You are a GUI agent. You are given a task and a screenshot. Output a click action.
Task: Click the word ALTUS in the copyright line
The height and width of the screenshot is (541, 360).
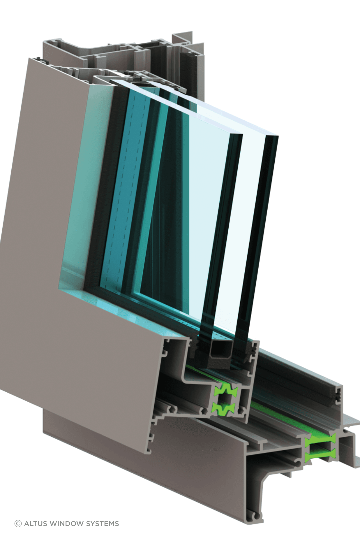click(x=36, y=524)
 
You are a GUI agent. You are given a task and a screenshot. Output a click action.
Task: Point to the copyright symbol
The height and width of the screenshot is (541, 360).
click(x=18, y=524)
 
